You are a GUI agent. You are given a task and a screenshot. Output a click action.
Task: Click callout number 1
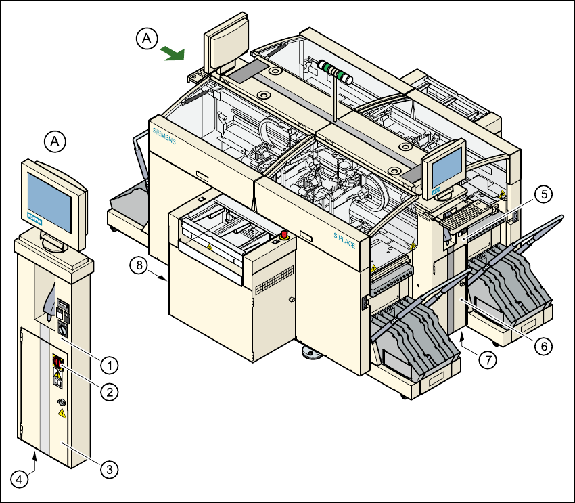pyautogui.click(x=108, y=364)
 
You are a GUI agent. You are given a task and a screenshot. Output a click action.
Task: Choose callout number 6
pyautogui.click(x=542, y=345)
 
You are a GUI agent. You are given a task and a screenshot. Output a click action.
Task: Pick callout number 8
pyautogui.click(x=139, y=265)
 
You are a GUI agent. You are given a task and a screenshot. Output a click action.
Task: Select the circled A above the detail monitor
pyautogui.click(x=55, y=141)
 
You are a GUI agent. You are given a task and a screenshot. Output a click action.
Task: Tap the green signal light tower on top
pyautogui.click(x=333, y=70)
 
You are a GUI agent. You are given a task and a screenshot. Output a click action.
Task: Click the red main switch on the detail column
pyautogui.click(x=57, y=364)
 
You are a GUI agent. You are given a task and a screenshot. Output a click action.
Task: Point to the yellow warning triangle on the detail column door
pyautogui.click(x=62, y=412)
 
